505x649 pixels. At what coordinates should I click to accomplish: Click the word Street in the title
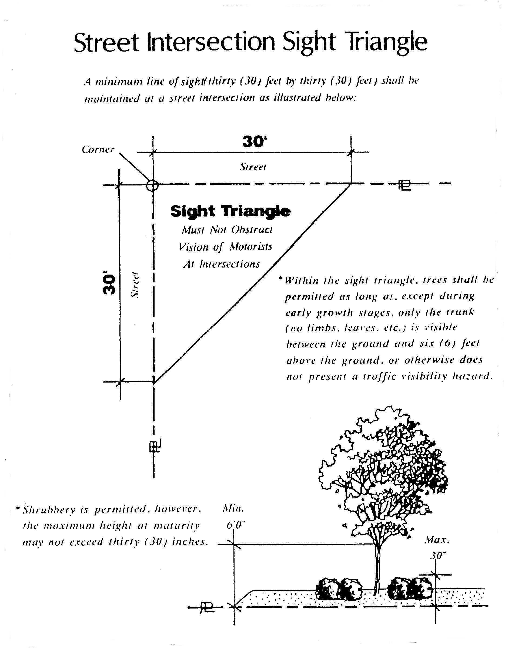click(x=106, y=42)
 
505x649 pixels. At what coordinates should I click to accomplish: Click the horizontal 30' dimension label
click(x=253, y=142)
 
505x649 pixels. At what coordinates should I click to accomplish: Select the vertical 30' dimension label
click(x=109, y=284)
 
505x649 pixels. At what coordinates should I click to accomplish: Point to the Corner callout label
click(x=98, y=149)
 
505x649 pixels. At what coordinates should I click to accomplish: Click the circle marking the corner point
click(x=152, y=185)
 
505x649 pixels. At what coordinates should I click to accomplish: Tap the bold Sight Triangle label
click(x=230, y=211)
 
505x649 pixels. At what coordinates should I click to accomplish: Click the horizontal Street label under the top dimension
click(x=253, y=167)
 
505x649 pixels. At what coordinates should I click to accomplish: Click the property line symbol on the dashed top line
click(x=405, y=185)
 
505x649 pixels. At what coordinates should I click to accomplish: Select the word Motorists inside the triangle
click(x=251, y=247)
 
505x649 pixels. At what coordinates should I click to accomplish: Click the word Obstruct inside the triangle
click(x=252, y=230)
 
